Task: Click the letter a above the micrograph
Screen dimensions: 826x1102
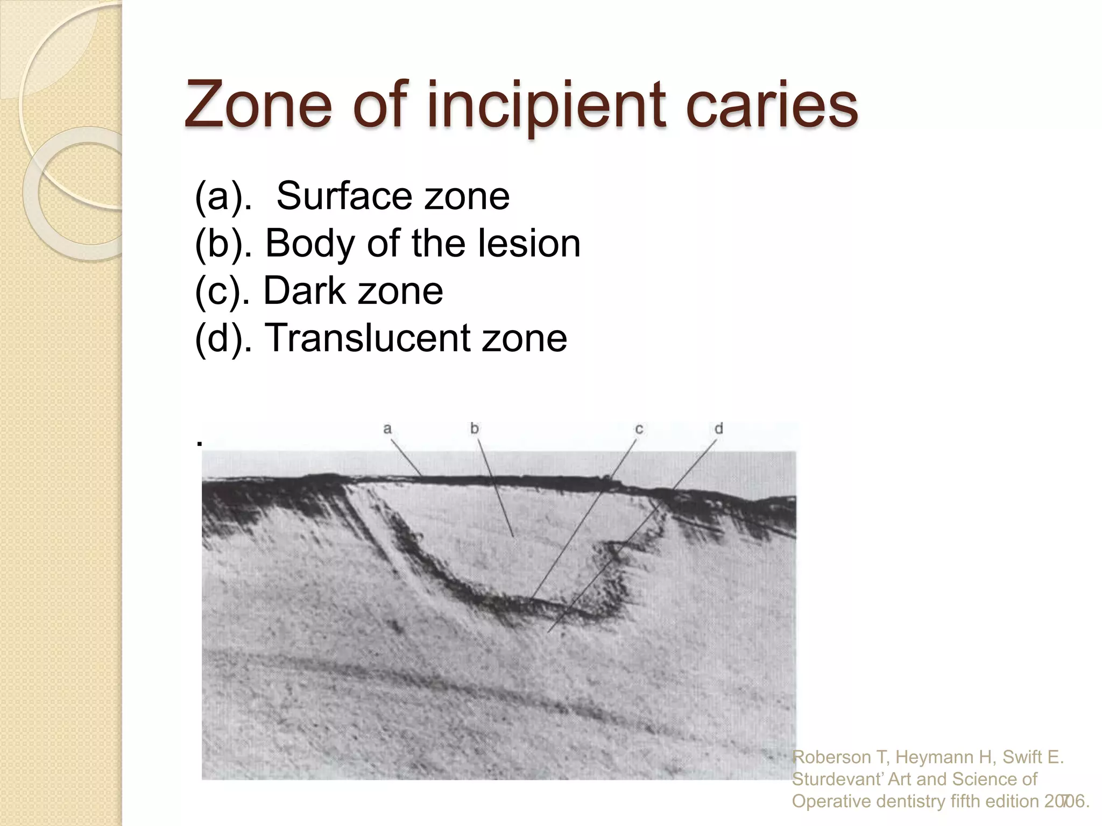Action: [387, 429]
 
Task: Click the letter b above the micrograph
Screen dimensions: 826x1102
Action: [474, 428]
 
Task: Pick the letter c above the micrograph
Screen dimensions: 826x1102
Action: [639, 429]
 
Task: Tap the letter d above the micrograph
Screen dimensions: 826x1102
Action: [718, 428]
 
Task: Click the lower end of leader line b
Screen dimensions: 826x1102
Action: [513, 536]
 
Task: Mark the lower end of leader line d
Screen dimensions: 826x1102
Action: [548, 632]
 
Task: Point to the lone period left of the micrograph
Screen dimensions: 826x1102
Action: [200, 444]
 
